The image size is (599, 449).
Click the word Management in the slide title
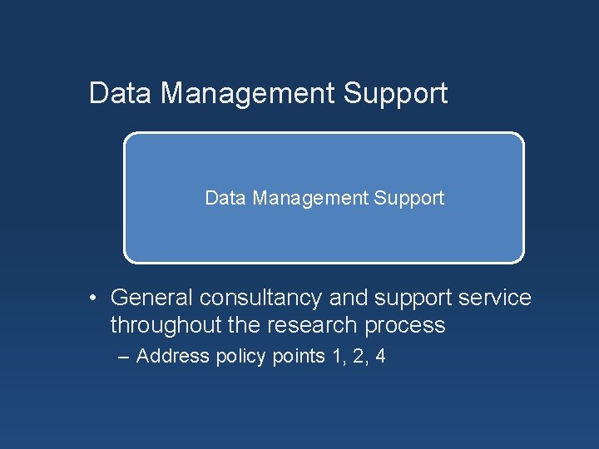[246, 93]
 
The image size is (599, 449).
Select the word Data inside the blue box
[225, 198]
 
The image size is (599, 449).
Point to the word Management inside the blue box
[309, 198]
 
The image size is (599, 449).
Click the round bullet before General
[97, 298]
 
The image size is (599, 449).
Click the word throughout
[162, 325]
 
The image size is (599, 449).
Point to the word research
[308, 325]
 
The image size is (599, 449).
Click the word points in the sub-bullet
[297, 357]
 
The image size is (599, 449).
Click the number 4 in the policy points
[380, 357]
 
